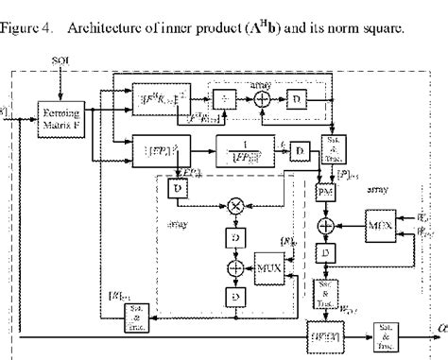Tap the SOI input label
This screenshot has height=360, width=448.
57,61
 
